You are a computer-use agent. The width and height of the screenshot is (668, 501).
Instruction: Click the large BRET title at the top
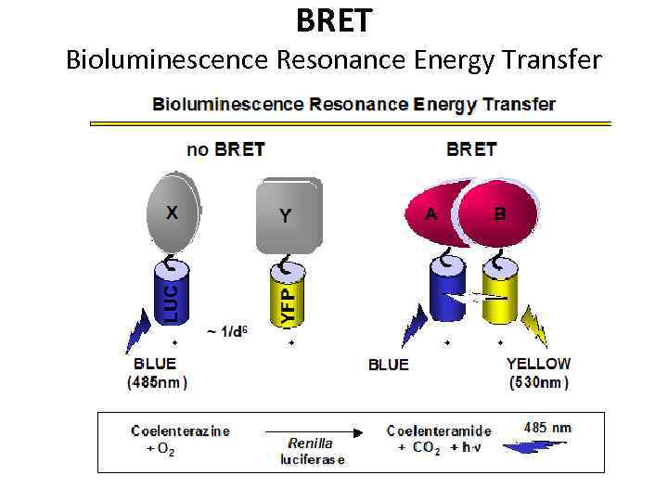pyautogui.click(x=333, y=19)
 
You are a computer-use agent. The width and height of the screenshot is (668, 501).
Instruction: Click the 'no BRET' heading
pyautogui.click(x=225, y=148)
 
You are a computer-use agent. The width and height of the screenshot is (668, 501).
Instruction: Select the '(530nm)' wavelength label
pyautogui.click(x=538, y=381)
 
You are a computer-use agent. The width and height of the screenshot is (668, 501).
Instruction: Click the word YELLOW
pyautogui.click(x=538, y=364)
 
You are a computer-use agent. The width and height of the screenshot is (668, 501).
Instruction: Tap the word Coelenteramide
pyautogui.click(x=439, y=430)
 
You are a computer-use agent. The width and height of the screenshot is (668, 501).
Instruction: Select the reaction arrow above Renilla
pyautogui.click(x=312, y=431)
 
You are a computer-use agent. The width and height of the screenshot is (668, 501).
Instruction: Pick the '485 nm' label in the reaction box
pyautogui.click(x=548, y=428)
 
